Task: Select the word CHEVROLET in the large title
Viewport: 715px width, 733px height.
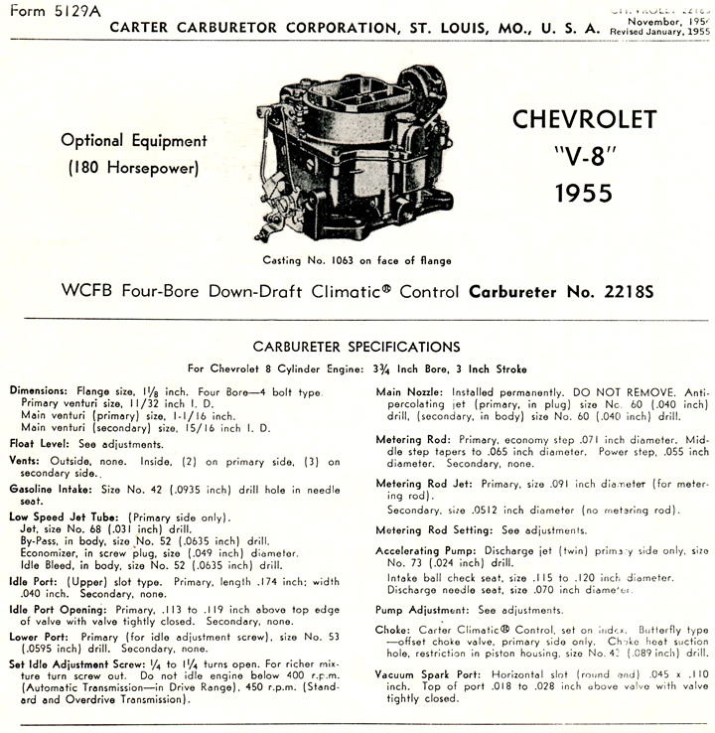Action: click(584, 120)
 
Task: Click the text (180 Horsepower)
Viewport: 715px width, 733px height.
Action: click(134, 169)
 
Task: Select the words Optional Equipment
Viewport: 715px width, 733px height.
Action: click(134, 141)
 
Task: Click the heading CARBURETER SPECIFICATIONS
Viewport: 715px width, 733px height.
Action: click(357, 348)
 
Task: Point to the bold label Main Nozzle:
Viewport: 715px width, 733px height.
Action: click(409, 391)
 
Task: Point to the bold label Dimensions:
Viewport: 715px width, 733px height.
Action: click(39, 391)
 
